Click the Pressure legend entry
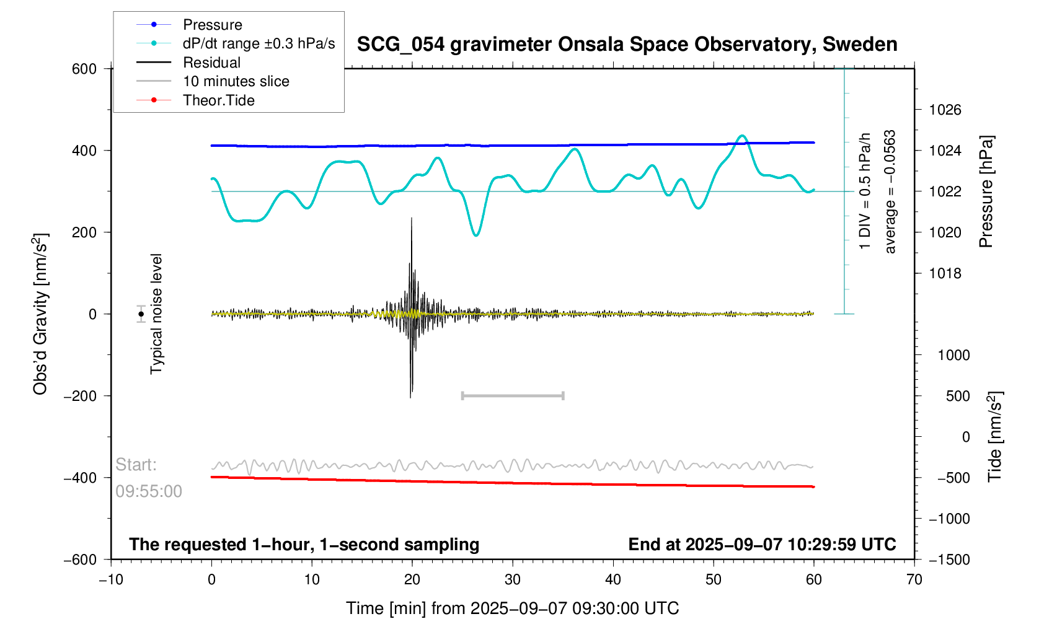click(x=212, y=25)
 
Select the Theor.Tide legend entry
click(x=218, y=100)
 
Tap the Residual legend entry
click(x=211, y=63)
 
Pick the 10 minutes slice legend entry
click(x=236, y=81)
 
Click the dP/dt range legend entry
click(x=259, y=43)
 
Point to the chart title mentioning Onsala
click(x=627, y=45)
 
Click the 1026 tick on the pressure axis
click(x=945, y=110)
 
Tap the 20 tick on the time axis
click(x=412, y=580)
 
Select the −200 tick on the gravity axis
click(x=81, y=396)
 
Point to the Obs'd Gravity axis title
click(x=41, y=314)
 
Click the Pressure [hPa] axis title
click(x=986, y=191)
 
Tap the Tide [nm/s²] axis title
click(x=995, y=437)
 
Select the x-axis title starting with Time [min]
click(x=512, y=608)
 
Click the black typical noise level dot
click(x=141, y=314)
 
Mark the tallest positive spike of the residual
click(x=412, y=219)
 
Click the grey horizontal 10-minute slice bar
click(x=513, y=395)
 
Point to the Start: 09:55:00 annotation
click(x=149, y=478)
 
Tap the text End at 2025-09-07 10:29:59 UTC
click(x=762, y=545)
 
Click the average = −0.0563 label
click(x=890, y=191)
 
